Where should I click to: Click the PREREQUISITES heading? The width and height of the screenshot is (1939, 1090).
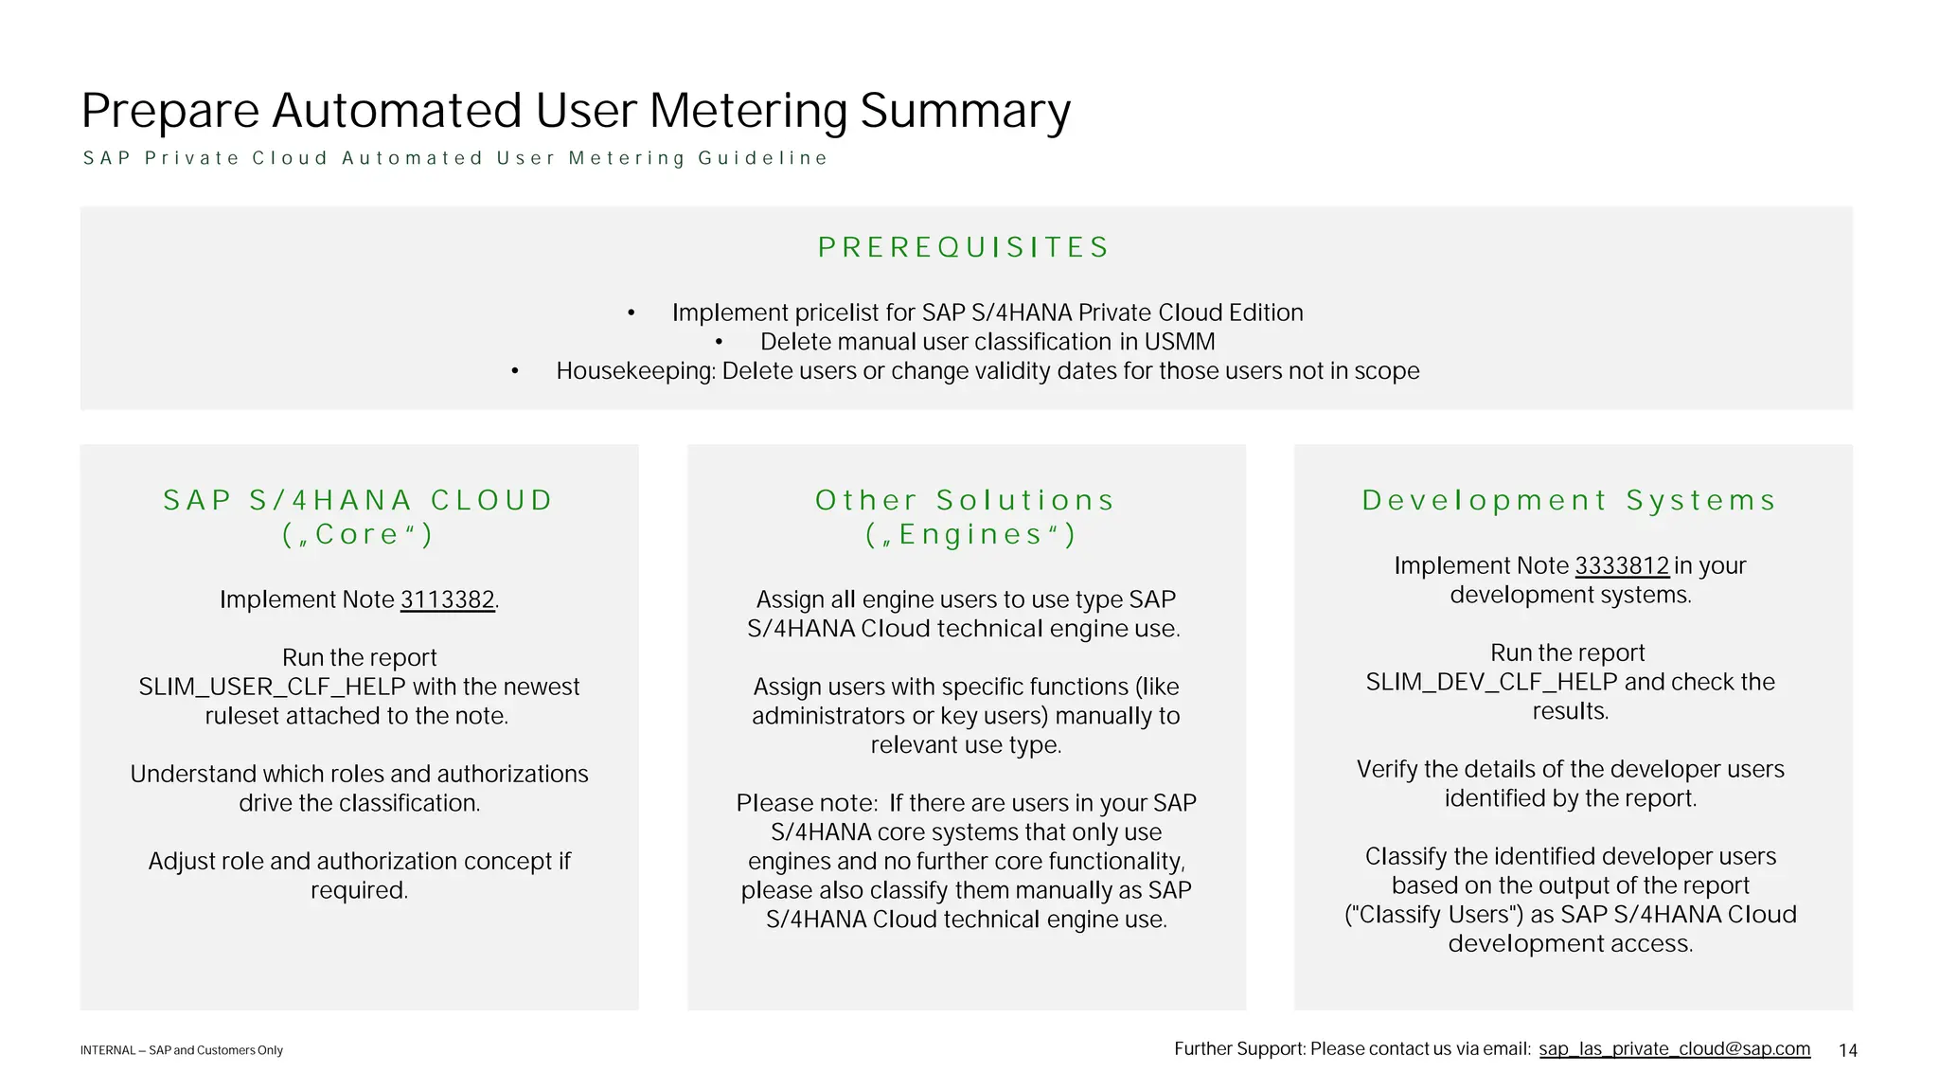(964, 248)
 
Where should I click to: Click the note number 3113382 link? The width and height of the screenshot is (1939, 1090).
(447, 600)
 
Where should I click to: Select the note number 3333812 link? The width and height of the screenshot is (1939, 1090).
(1622, 566)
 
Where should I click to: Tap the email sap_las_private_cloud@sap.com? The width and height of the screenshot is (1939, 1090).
(1674, 1049)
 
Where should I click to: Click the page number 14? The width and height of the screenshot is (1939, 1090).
(1847, 1050)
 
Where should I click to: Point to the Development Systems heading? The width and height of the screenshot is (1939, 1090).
(1569, 501)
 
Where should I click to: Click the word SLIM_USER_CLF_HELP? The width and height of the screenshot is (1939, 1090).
(272, 688)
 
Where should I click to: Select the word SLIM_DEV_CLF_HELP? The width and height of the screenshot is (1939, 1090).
(1491, 683)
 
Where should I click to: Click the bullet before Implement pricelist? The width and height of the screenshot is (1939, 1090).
(632, 313)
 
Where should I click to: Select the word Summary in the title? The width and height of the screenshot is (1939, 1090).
(965, 111)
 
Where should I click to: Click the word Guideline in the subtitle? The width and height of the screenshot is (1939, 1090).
(762, 158)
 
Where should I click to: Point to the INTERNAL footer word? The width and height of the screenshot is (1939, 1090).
(107, 1050)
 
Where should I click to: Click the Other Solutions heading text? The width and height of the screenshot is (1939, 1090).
(964, 501)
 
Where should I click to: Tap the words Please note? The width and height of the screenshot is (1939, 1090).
(807, 804)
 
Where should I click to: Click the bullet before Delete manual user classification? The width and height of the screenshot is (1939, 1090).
(720, 343)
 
